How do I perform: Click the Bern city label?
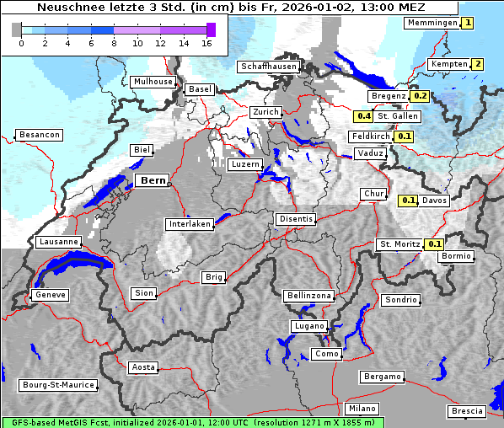point(153,180)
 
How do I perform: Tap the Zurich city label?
point(265,112)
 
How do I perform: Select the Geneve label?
point(50,295)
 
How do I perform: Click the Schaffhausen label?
point(267,66)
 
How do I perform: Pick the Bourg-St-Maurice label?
point(58,385)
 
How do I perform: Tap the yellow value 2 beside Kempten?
point(478,64)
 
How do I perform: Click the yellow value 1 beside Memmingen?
point(468,23)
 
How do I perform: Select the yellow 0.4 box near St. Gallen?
point(363,116)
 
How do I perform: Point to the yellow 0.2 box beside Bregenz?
point(421,96)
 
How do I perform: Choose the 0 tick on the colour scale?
point(21,43)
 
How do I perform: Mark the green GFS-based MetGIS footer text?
point(192,421)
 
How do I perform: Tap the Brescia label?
point(467,411)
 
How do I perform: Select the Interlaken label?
point(189,224)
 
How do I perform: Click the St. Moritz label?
point(399,244)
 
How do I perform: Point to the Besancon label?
point(40,135)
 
